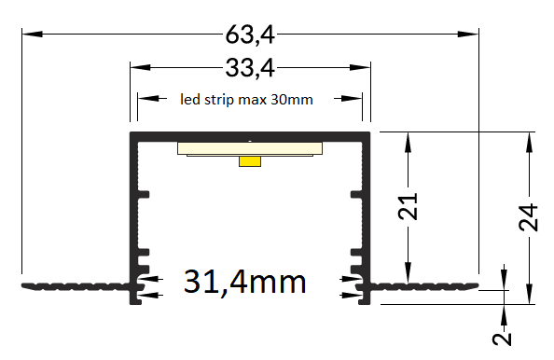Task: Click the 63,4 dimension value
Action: click(x=250, y=35)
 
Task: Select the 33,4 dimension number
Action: click(x=250, y=68)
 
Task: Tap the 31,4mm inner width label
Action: click(x=244, y=282)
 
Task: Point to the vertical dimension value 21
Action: click(x=408, y=206)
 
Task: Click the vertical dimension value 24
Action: click(x=528, y=217)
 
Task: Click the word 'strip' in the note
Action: click(x=218, y=100)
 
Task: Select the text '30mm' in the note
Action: click(x=292, y=100)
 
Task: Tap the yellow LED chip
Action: click(x=250, y=161)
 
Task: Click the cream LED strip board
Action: click(x=250, y=148)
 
